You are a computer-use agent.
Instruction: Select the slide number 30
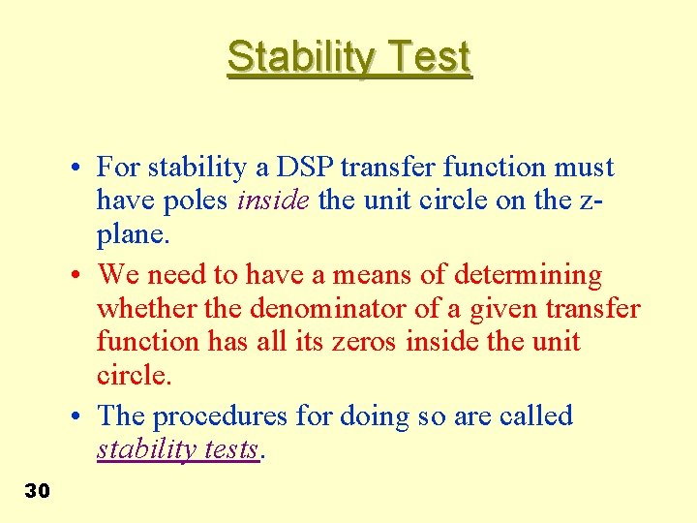pos(37,491)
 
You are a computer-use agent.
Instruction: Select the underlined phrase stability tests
pos(178,450)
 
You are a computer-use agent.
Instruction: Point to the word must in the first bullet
pos(585,168)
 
